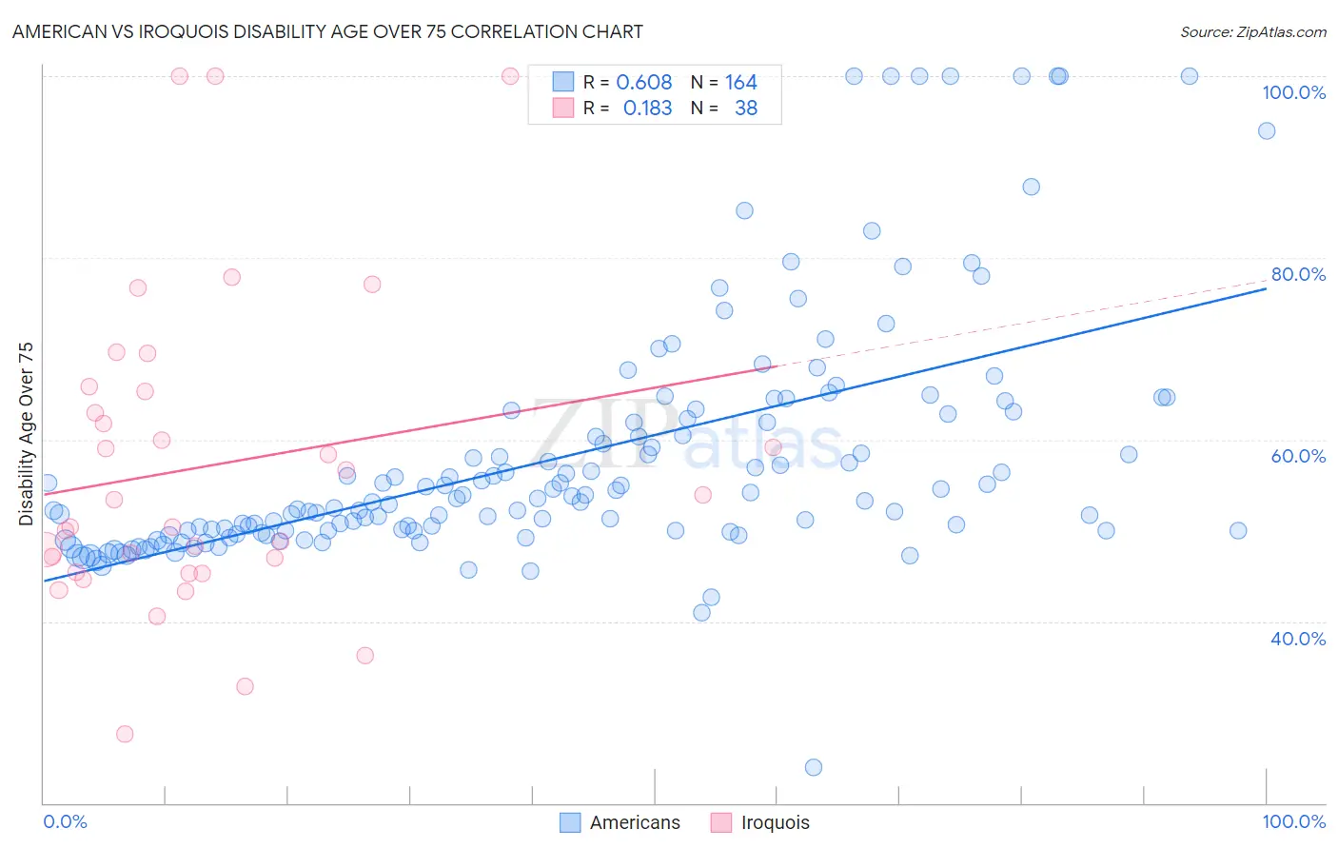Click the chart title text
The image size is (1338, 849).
coord(327,31)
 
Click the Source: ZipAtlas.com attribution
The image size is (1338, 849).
coord(1252,31)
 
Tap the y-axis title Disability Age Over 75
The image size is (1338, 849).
coord(26,434)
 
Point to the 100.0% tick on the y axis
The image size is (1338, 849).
coord(1293,92)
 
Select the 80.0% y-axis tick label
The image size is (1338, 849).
coord(1298,274)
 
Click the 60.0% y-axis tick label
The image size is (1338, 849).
coord(1298,456)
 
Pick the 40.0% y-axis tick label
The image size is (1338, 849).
coord(1298,639)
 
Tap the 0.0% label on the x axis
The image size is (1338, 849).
coord(66,821)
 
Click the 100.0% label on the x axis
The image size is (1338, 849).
coord(1293,821)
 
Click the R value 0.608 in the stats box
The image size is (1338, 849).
coord(644,83)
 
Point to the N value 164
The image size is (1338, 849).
coord(740,83)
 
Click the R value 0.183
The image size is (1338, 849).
coord(647,109)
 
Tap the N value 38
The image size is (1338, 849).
coord(746,109)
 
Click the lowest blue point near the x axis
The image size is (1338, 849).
coord(814,767)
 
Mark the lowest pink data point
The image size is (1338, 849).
coord(125,734)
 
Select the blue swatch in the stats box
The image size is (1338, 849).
coord(563,83)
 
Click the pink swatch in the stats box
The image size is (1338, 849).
coord(563,109)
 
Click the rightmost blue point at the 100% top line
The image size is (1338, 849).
coord(1190,76)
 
